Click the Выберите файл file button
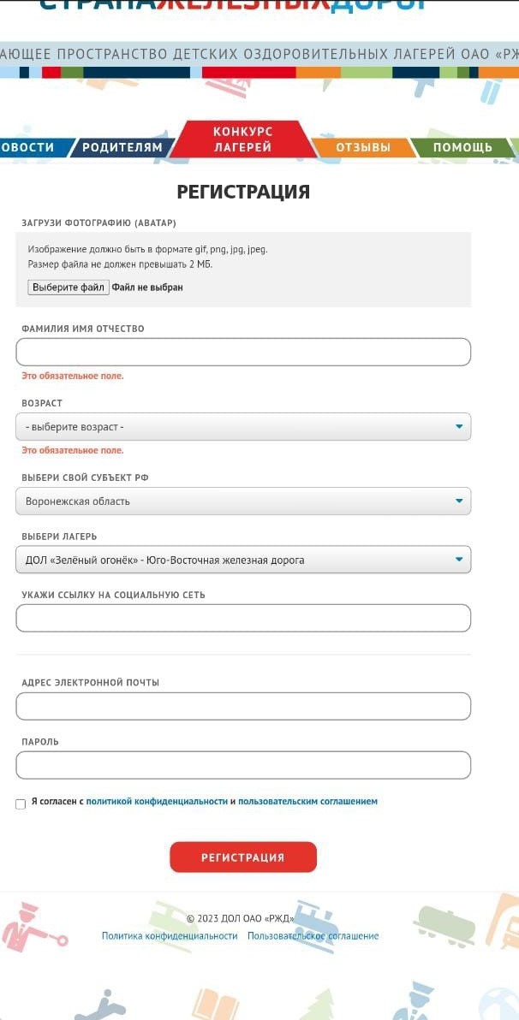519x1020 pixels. pyautogui.click(x=69, y=288)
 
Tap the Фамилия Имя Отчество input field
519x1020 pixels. pyautogui.click(x=243, y=352)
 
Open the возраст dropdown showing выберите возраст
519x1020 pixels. pyautogui.click(x=243, y=426)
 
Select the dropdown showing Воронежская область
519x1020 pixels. pyautogui.click(x=243, y=501)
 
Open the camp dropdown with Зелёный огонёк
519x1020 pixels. pyautogui.click(x=243, y=560)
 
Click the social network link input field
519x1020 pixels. pyautogui.click(x=243, y=618)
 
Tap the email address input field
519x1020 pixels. pyautogui.click(x=243, y=706)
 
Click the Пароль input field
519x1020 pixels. pyautogui.click(x=243, y=765)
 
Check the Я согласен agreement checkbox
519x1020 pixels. pyautogui.click(x=21, y=804)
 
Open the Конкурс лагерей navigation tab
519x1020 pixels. pyautogui.click(x=242, y=139)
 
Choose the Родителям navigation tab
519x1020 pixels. pyautogui.click(x=122, y=147)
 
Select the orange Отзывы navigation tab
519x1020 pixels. pyautogui.click(x=363, y=147)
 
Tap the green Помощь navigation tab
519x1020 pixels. pyautogui.click(x=462, y=147)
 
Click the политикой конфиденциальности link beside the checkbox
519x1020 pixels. pyautogui.click(x=157, y=802)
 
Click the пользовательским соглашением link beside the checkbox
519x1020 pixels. pyautogui.click(x=307, y=802)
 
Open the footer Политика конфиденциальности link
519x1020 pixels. pyautogui.click(x=170, y=936)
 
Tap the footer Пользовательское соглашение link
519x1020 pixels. pyautogui.click(x=313, y=936)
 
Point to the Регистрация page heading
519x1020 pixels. pyautogui.click(x=243, y=192)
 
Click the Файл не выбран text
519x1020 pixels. pyautogui.click(x=147, y=288)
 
